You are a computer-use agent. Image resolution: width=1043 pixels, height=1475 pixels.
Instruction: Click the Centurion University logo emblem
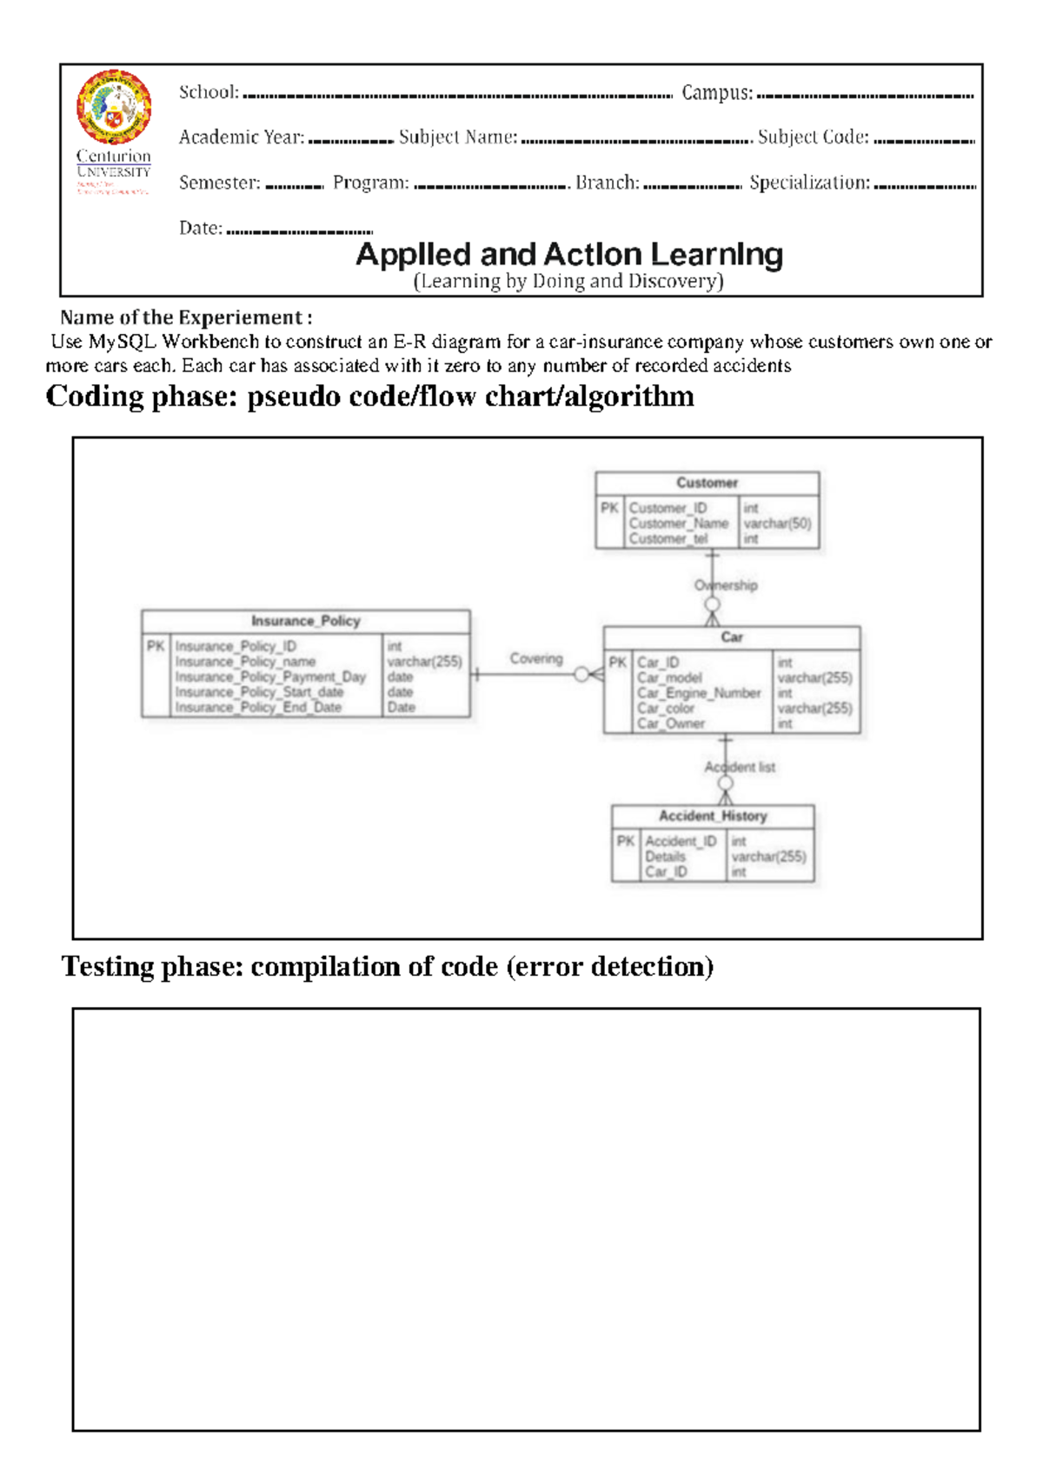tap(114, 106)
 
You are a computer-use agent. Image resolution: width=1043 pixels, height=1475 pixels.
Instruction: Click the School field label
tap(209, 92)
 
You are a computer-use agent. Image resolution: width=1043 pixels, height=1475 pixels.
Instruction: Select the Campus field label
tap(716, 92)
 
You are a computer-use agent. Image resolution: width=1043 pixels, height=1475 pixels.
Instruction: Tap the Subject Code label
tap(813, 137)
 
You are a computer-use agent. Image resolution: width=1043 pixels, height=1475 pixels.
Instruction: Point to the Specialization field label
tap(809, 183)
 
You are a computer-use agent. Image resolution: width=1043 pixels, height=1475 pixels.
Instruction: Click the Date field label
tap(200, 228)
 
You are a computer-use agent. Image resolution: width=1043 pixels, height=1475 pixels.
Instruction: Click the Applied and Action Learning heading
tap(569, 255)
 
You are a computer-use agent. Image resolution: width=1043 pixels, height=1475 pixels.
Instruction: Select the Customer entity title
tap(707, 483)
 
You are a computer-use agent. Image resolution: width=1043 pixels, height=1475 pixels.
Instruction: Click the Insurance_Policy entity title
tap(305, 621)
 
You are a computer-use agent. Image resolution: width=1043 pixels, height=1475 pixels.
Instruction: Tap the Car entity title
tap(732, 637)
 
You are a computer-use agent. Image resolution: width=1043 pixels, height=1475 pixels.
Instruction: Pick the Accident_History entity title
tap(713, 816)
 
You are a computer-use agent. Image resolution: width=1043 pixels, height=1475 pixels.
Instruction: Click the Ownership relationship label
tap(726, 585)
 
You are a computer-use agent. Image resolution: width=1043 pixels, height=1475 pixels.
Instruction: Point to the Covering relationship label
tap(536, 658)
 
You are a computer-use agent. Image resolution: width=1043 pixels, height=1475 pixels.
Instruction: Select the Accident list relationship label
tap(740, 767)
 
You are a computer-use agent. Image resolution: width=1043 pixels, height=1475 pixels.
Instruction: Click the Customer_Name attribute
tap(678, 524)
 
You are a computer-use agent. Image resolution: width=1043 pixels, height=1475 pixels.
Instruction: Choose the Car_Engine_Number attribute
tap(698, 693)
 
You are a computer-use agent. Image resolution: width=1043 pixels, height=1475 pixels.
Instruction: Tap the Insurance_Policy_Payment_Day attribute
tap(270, 677)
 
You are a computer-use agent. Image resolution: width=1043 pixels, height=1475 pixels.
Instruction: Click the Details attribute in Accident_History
tap(665, 857)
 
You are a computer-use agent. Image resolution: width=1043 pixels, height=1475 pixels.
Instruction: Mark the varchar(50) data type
tap(777, 524)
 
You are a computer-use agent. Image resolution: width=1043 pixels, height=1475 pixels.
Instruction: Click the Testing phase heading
tap(388, 967)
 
